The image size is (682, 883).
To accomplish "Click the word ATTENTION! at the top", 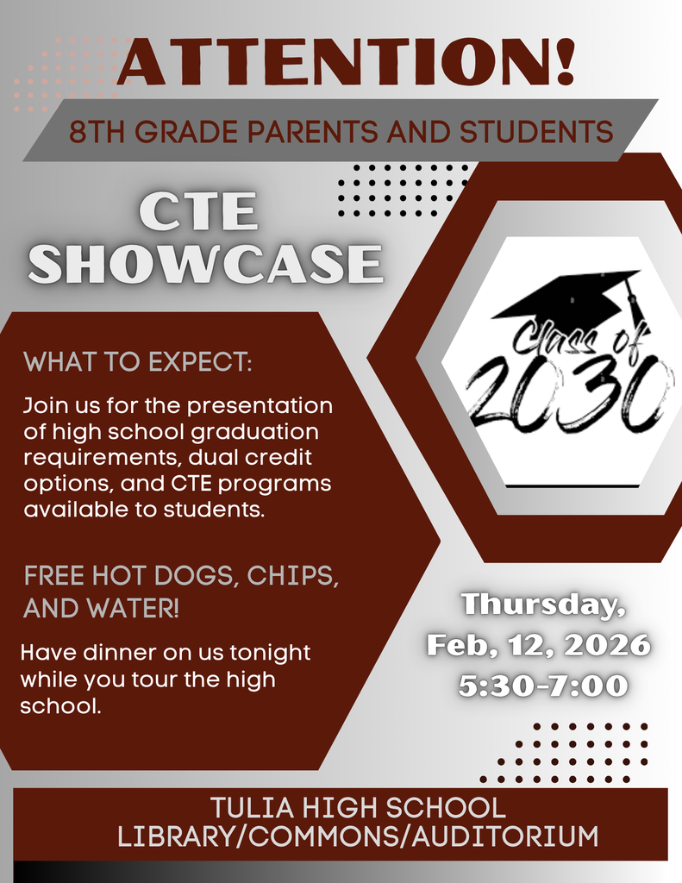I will (x=345, y=62).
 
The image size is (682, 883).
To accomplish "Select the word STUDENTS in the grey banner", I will (x=535, y=132).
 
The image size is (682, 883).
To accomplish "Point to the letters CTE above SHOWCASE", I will (x=199, y=212).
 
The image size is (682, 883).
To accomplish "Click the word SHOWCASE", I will (x=207, y=264).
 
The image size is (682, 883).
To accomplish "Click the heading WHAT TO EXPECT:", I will (x=138, y=361).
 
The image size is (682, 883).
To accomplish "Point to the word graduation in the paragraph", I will (x=263, y=430).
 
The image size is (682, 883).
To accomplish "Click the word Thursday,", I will (x=543, y=604).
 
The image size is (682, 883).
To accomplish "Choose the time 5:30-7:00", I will (x=543, y=686).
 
